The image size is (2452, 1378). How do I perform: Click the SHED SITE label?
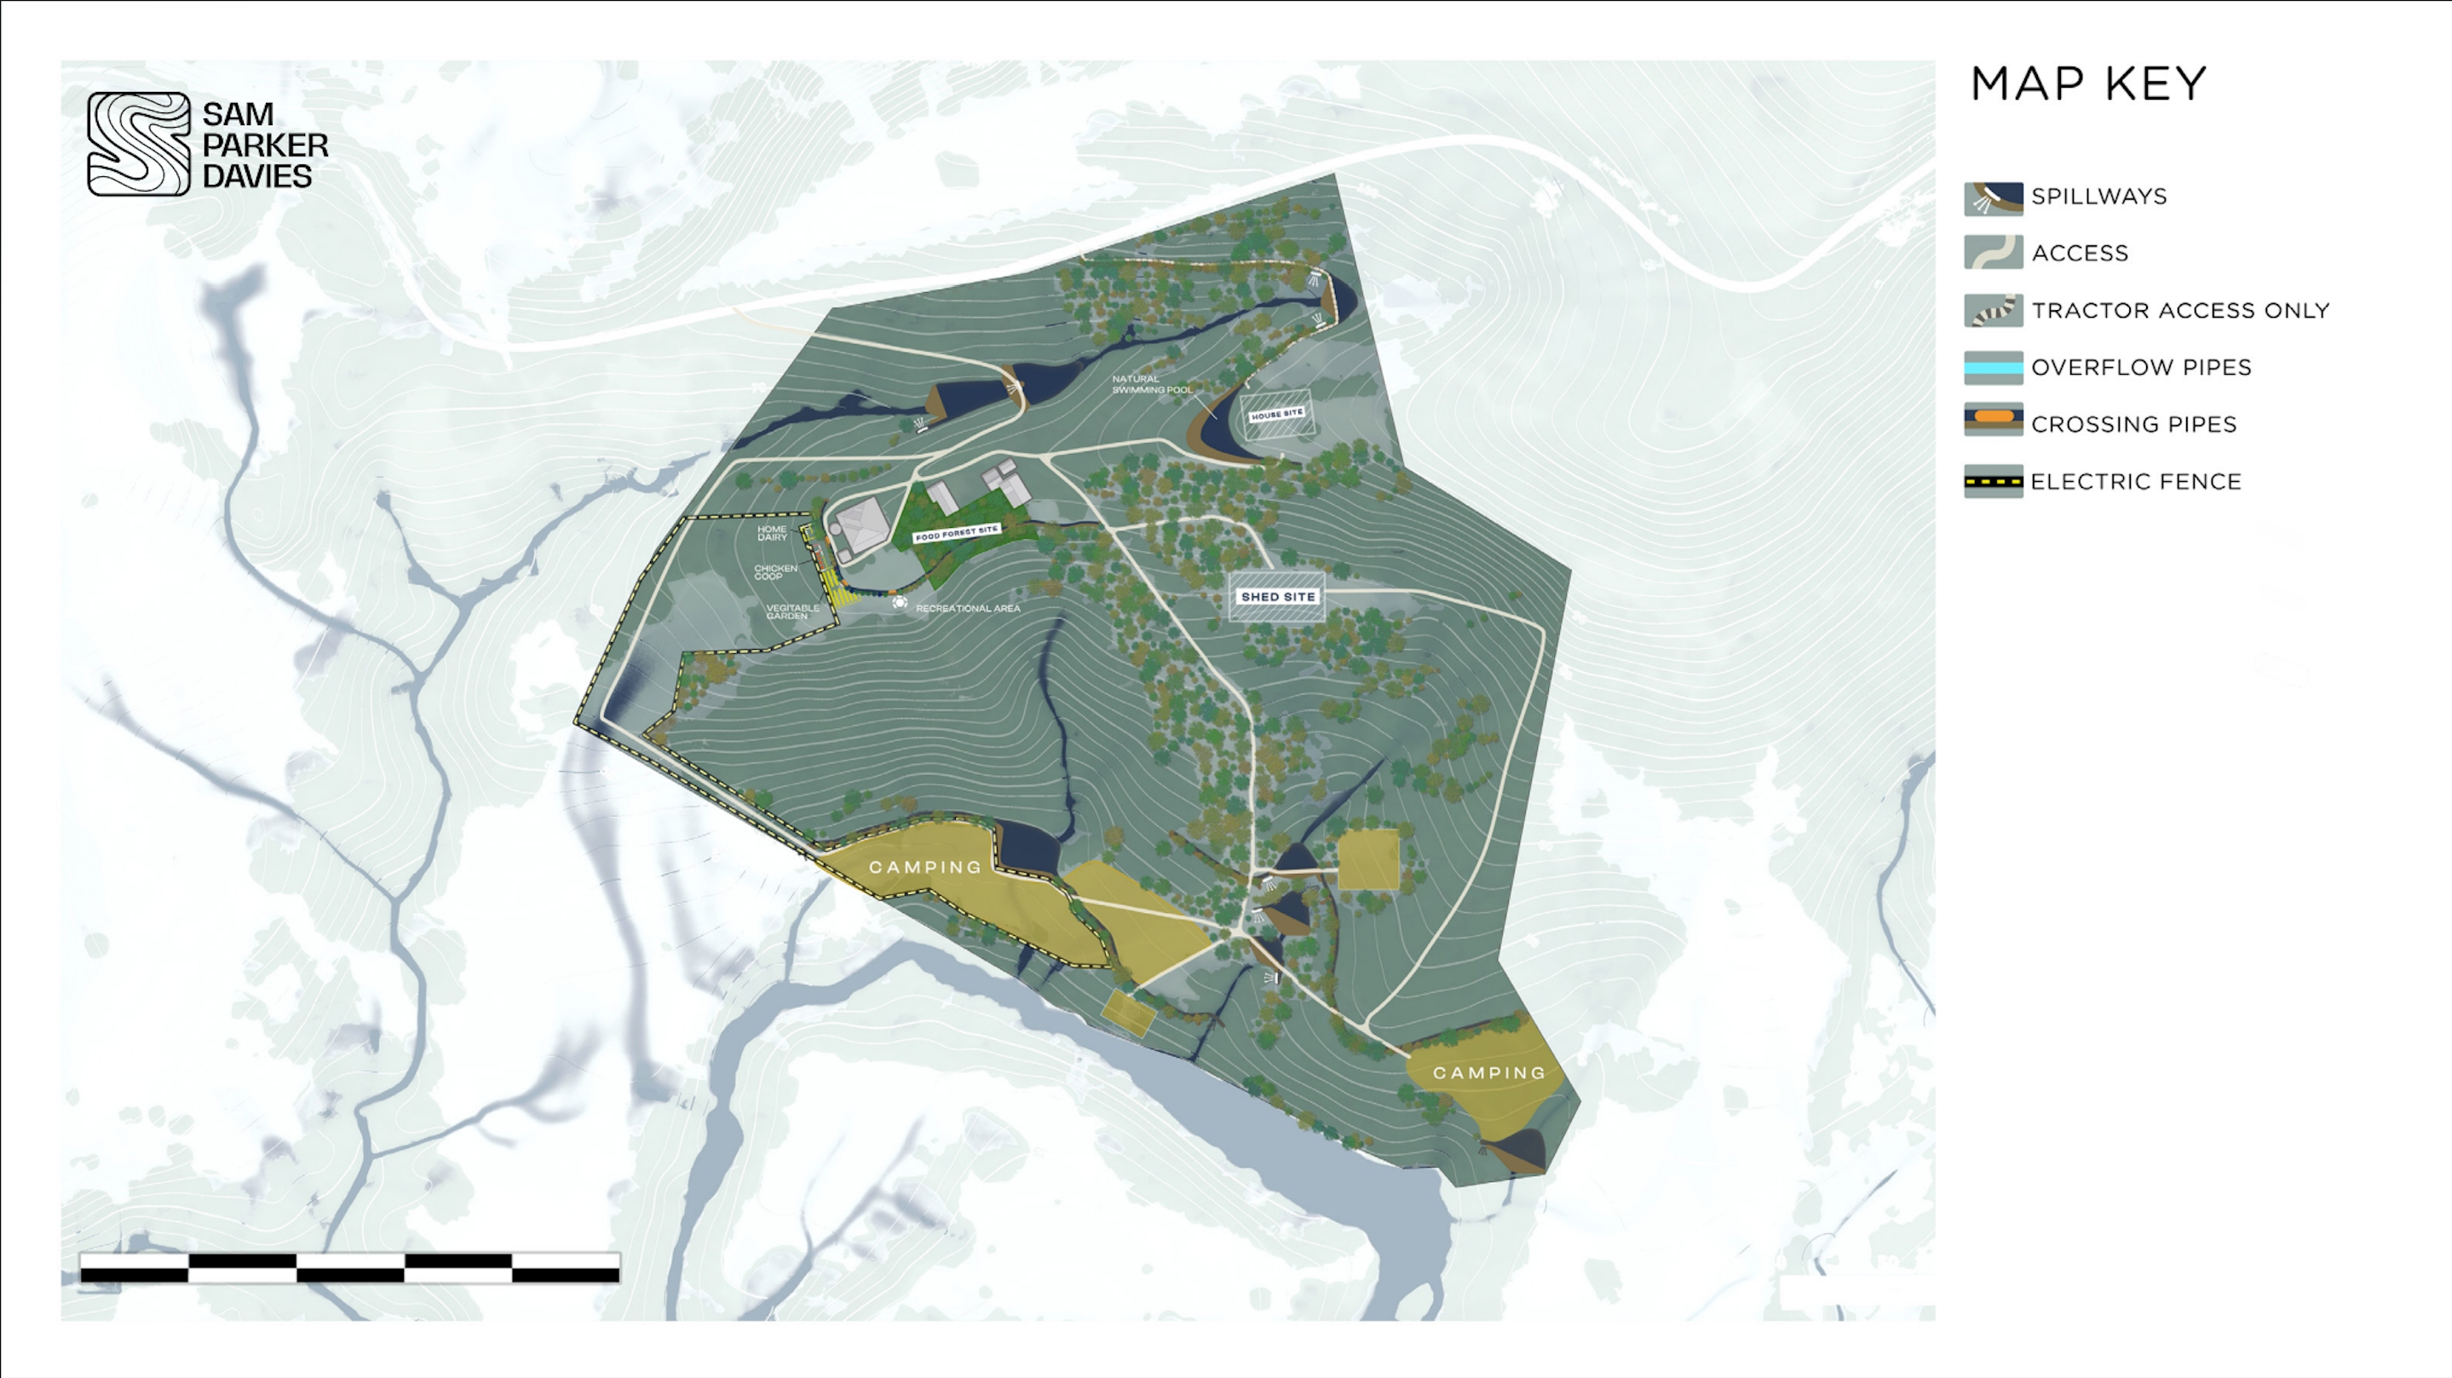pos(1277,597)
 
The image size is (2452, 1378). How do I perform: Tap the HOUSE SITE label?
pos(1276,414)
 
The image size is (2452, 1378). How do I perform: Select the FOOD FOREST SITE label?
pos(957,533)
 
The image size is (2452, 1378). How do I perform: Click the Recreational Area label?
pos(967,608)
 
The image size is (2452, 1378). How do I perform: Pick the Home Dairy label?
pos(772,533)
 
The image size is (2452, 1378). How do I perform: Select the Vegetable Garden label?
pos(792,611)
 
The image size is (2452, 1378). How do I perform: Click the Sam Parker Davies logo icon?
pos(139,144)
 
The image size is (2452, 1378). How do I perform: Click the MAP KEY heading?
pos(2088,84)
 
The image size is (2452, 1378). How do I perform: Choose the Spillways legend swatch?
pos(1993,197)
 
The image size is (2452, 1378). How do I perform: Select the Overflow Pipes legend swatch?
pos(1993,367)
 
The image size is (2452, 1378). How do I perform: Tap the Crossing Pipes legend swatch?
pos(1993,420)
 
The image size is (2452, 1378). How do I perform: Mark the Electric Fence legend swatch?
pos(1993,481)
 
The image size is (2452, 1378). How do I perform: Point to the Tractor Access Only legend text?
pos(2179,310)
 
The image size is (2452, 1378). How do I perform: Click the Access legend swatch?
pos(1993,253)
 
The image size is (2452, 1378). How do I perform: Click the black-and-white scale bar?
pos(350,1267)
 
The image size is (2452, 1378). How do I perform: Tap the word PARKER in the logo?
pos(266,146)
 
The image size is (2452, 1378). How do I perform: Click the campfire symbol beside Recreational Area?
pos(900,602)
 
